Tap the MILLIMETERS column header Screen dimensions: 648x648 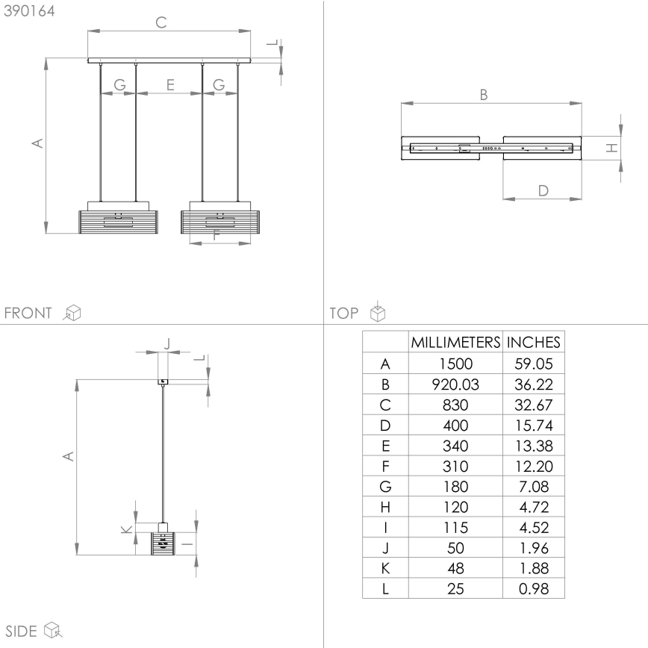pos(455,343)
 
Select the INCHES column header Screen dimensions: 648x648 pos(533,343)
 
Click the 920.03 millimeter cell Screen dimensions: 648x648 pos(455,385)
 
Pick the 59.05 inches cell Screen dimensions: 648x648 pos(533,364)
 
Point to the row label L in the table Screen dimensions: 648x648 pos(385,588)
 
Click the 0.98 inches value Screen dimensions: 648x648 pos(533,588)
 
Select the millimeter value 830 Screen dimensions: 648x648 pos(455,405)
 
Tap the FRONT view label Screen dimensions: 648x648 pos(28,313)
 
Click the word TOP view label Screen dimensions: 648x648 pos(343,313)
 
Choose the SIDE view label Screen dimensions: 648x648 pos(22,631)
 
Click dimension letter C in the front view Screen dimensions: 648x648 pos(161,22)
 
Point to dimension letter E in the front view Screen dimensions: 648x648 pos(170,86)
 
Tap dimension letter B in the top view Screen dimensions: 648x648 pos(483,95)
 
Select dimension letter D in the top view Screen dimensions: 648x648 pos(543,190)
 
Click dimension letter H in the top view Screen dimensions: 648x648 pos(611,148)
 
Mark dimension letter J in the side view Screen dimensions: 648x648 pos(166,344)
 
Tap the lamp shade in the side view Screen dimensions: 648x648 pos(162,543)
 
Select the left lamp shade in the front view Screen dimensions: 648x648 pos(119,222)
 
